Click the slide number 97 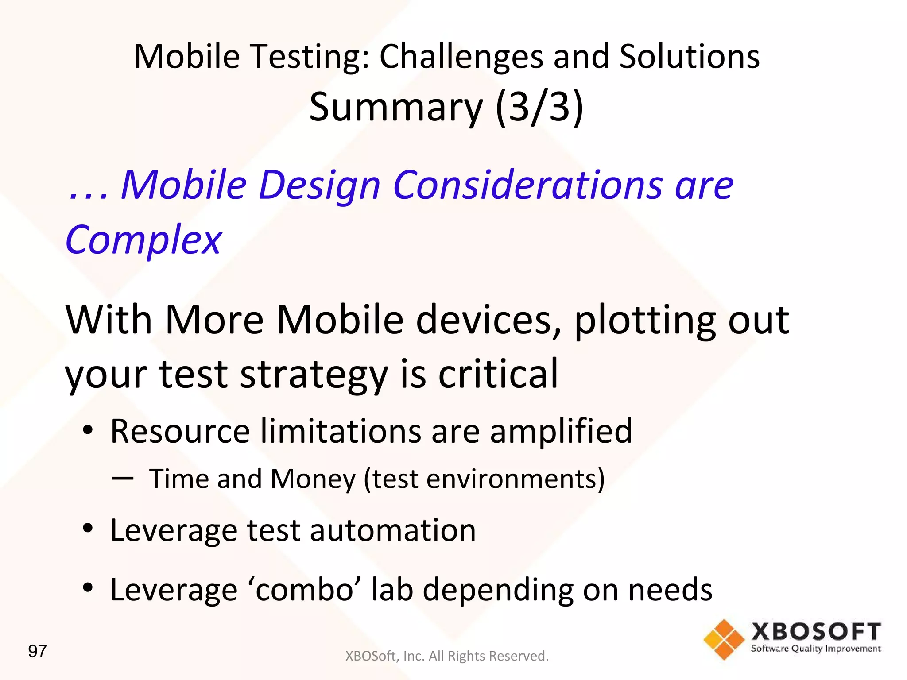click(37, 651)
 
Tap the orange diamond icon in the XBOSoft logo click(724, 639)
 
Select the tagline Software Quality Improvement click(816, 649)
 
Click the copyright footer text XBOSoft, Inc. click(446, 656)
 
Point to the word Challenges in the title click(461, 57)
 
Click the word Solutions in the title click(689, 57)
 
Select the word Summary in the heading click(396, 108)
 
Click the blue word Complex click(143, 240)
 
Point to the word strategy click(314, 375)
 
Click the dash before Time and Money click(123, 478)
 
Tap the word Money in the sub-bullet click(313, 479)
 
